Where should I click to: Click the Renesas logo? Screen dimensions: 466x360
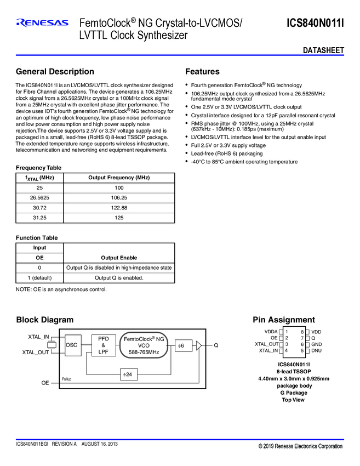42,23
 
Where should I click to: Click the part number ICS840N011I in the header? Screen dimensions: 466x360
315,22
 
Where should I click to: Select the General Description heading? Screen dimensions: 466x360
55,72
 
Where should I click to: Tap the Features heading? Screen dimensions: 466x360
202,72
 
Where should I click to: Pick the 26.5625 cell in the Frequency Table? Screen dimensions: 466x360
40,198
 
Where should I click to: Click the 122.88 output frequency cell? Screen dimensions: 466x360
119,208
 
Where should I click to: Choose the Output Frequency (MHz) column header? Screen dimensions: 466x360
119,178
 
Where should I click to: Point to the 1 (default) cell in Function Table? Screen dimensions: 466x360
40,277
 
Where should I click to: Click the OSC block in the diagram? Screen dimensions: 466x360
72,345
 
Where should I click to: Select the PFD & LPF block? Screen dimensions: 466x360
104,345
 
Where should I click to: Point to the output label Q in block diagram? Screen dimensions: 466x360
216,345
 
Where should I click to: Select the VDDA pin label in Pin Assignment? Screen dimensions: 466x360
271,332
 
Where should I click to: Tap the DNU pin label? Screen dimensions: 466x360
317,350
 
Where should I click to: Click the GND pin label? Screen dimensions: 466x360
317,344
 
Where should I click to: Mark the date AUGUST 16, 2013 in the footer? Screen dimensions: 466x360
100,443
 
